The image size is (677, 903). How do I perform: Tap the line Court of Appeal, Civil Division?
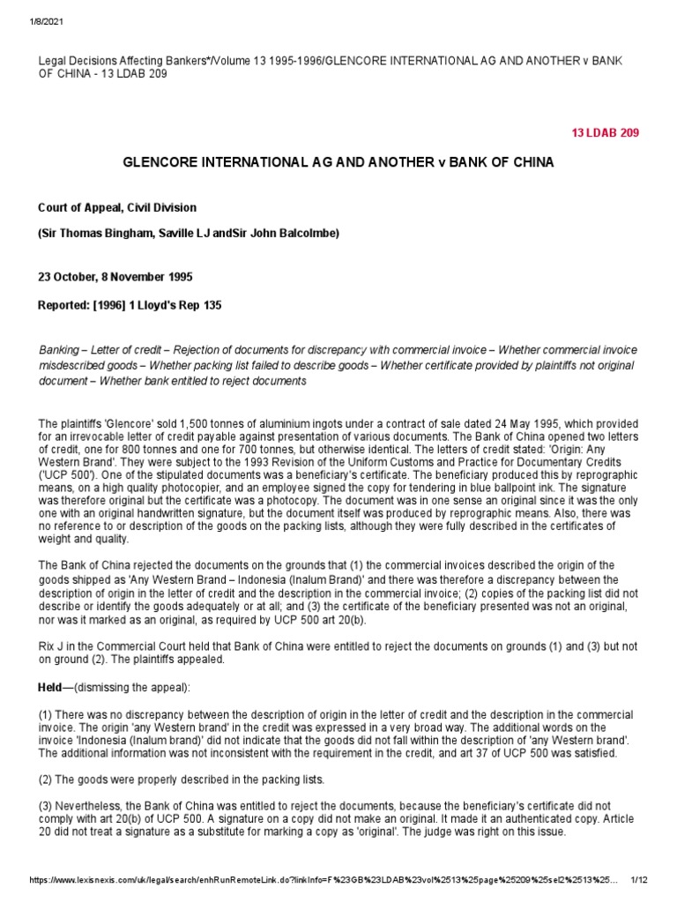click(117, 208)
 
